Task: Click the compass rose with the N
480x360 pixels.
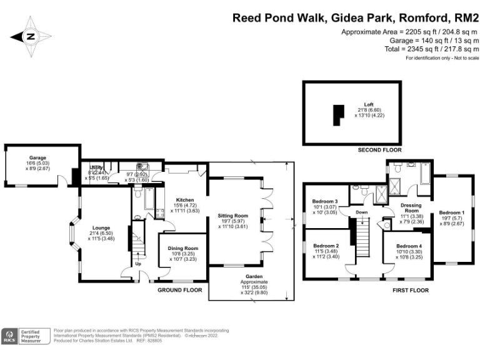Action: (x=29, y=37)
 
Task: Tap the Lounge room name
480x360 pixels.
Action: (x=101, y=227)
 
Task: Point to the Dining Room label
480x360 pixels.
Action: (x=182, y=249)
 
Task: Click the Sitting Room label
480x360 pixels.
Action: (x=233, y=216)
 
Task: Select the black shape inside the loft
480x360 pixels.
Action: (x=337, y=116)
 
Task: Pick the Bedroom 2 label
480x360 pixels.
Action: (x=326, y=246)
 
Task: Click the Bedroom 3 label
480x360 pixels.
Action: (x=325, y=201)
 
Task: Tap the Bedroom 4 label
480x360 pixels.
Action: (x=409, y=246)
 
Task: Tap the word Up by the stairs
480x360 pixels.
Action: (x=137, y=264)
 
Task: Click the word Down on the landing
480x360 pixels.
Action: (x=361, y=212)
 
